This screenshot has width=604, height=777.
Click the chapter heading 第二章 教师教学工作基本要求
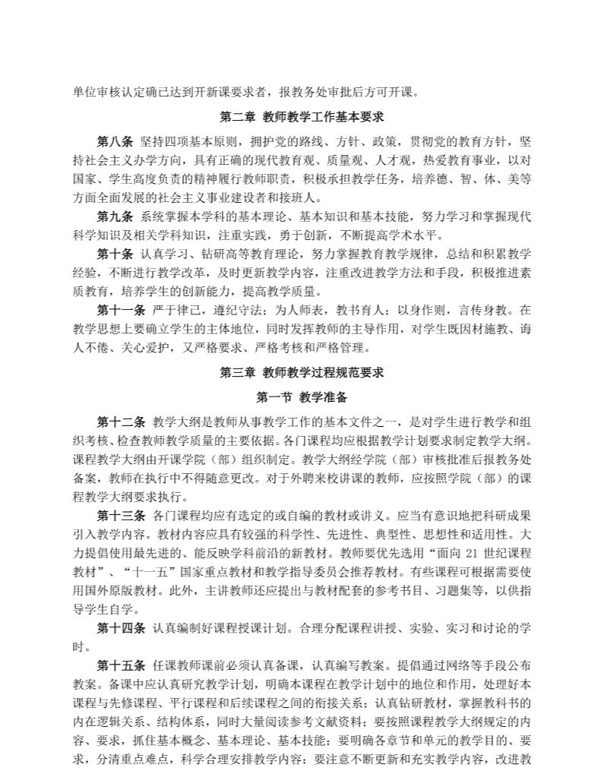click(x=302, y=118)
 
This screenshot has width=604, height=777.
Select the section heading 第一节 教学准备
click(x=302, y=396)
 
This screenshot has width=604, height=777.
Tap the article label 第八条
click(x=115, y=141)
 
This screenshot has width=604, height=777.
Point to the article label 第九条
click(x=115, y=215)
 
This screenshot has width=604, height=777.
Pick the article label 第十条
click(x=115, y=252)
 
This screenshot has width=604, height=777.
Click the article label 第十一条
click(x=120, y=310)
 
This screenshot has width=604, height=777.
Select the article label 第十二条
click(x=120, y=422)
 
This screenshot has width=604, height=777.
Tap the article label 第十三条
click(x=120, y=516)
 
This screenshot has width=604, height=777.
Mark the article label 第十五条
click(x=120, y=665)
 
